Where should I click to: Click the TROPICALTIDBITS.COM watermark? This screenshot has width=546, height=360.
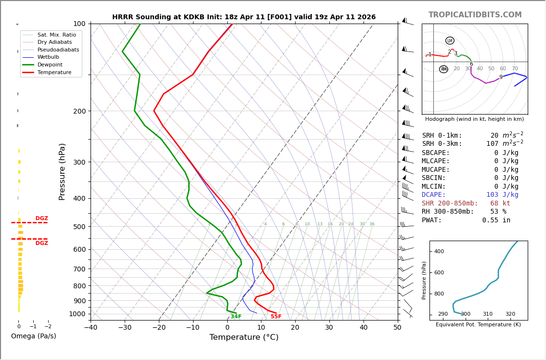[475, 15]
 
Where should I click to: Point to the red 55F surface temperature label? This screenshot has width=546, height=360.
[276, 317]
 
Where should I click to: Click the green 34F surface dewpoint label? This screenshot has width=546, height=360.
[236, 317]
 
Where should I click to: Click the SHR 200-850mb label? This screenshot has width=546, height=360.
[450, 204]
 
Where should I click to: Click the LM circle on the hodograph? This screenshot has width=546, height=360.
[450, 41]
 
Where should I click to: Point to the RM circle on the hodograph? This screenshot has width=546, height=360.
[443, 69]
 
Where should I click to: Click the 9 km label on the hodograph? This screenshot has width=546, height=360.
[501, 77]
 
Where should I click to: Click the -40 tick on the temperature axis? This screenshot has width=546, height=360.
[91, 328]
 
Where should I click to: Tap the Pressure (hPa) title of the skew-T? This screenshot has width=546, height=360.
[62, 171]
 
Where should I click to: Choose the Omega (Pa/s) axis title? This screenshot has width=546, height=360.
[33, 336]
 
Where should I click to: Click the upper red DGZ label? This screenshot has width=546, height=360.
[41, 219]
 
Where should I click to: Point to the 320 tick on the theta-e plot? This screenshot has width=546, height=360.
[510, 314]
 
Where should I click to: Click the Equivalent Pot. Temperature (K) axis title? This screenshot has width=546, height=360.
[478, 325]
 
